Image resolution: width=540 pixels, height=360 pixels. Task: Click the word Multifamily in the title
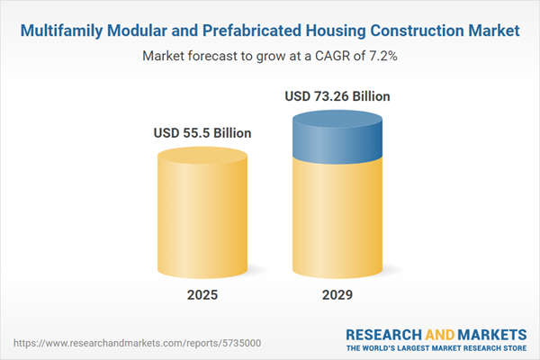(60, 31)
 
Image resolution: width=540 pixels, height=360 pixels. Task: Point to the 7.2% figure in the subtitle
(382, 56)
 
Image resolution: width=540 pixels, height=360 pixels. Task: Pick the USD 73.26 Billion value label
(337, 95)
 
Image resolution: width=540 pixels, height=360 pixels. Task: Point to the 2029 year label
(337, 295)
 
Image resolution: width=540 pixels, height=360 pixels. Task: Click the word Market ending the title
(493, 31)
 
